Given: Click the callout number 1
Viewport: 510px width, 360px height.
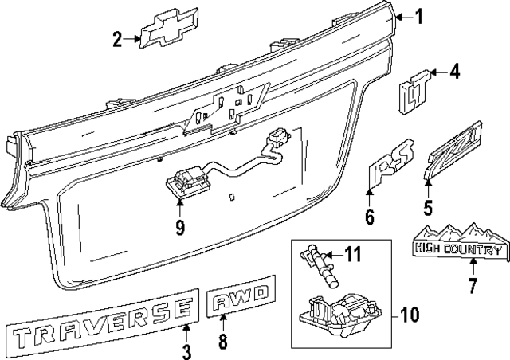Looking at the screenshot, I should (420, 16).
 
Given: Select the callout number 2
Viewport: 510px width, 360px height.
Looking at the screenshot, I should (118, 38).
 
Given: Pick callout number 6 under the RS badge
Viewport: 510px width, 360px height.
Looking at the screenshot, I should (369, 217).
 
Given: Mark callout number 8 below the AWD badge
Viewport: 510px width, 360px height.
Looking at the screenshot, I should (223, 343).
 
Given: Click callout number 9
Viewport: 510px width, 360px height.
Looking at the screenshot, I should (180, 228).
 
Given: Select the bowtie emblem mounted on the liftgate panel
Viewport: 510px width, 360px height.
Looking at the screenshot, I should (227, 107).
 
